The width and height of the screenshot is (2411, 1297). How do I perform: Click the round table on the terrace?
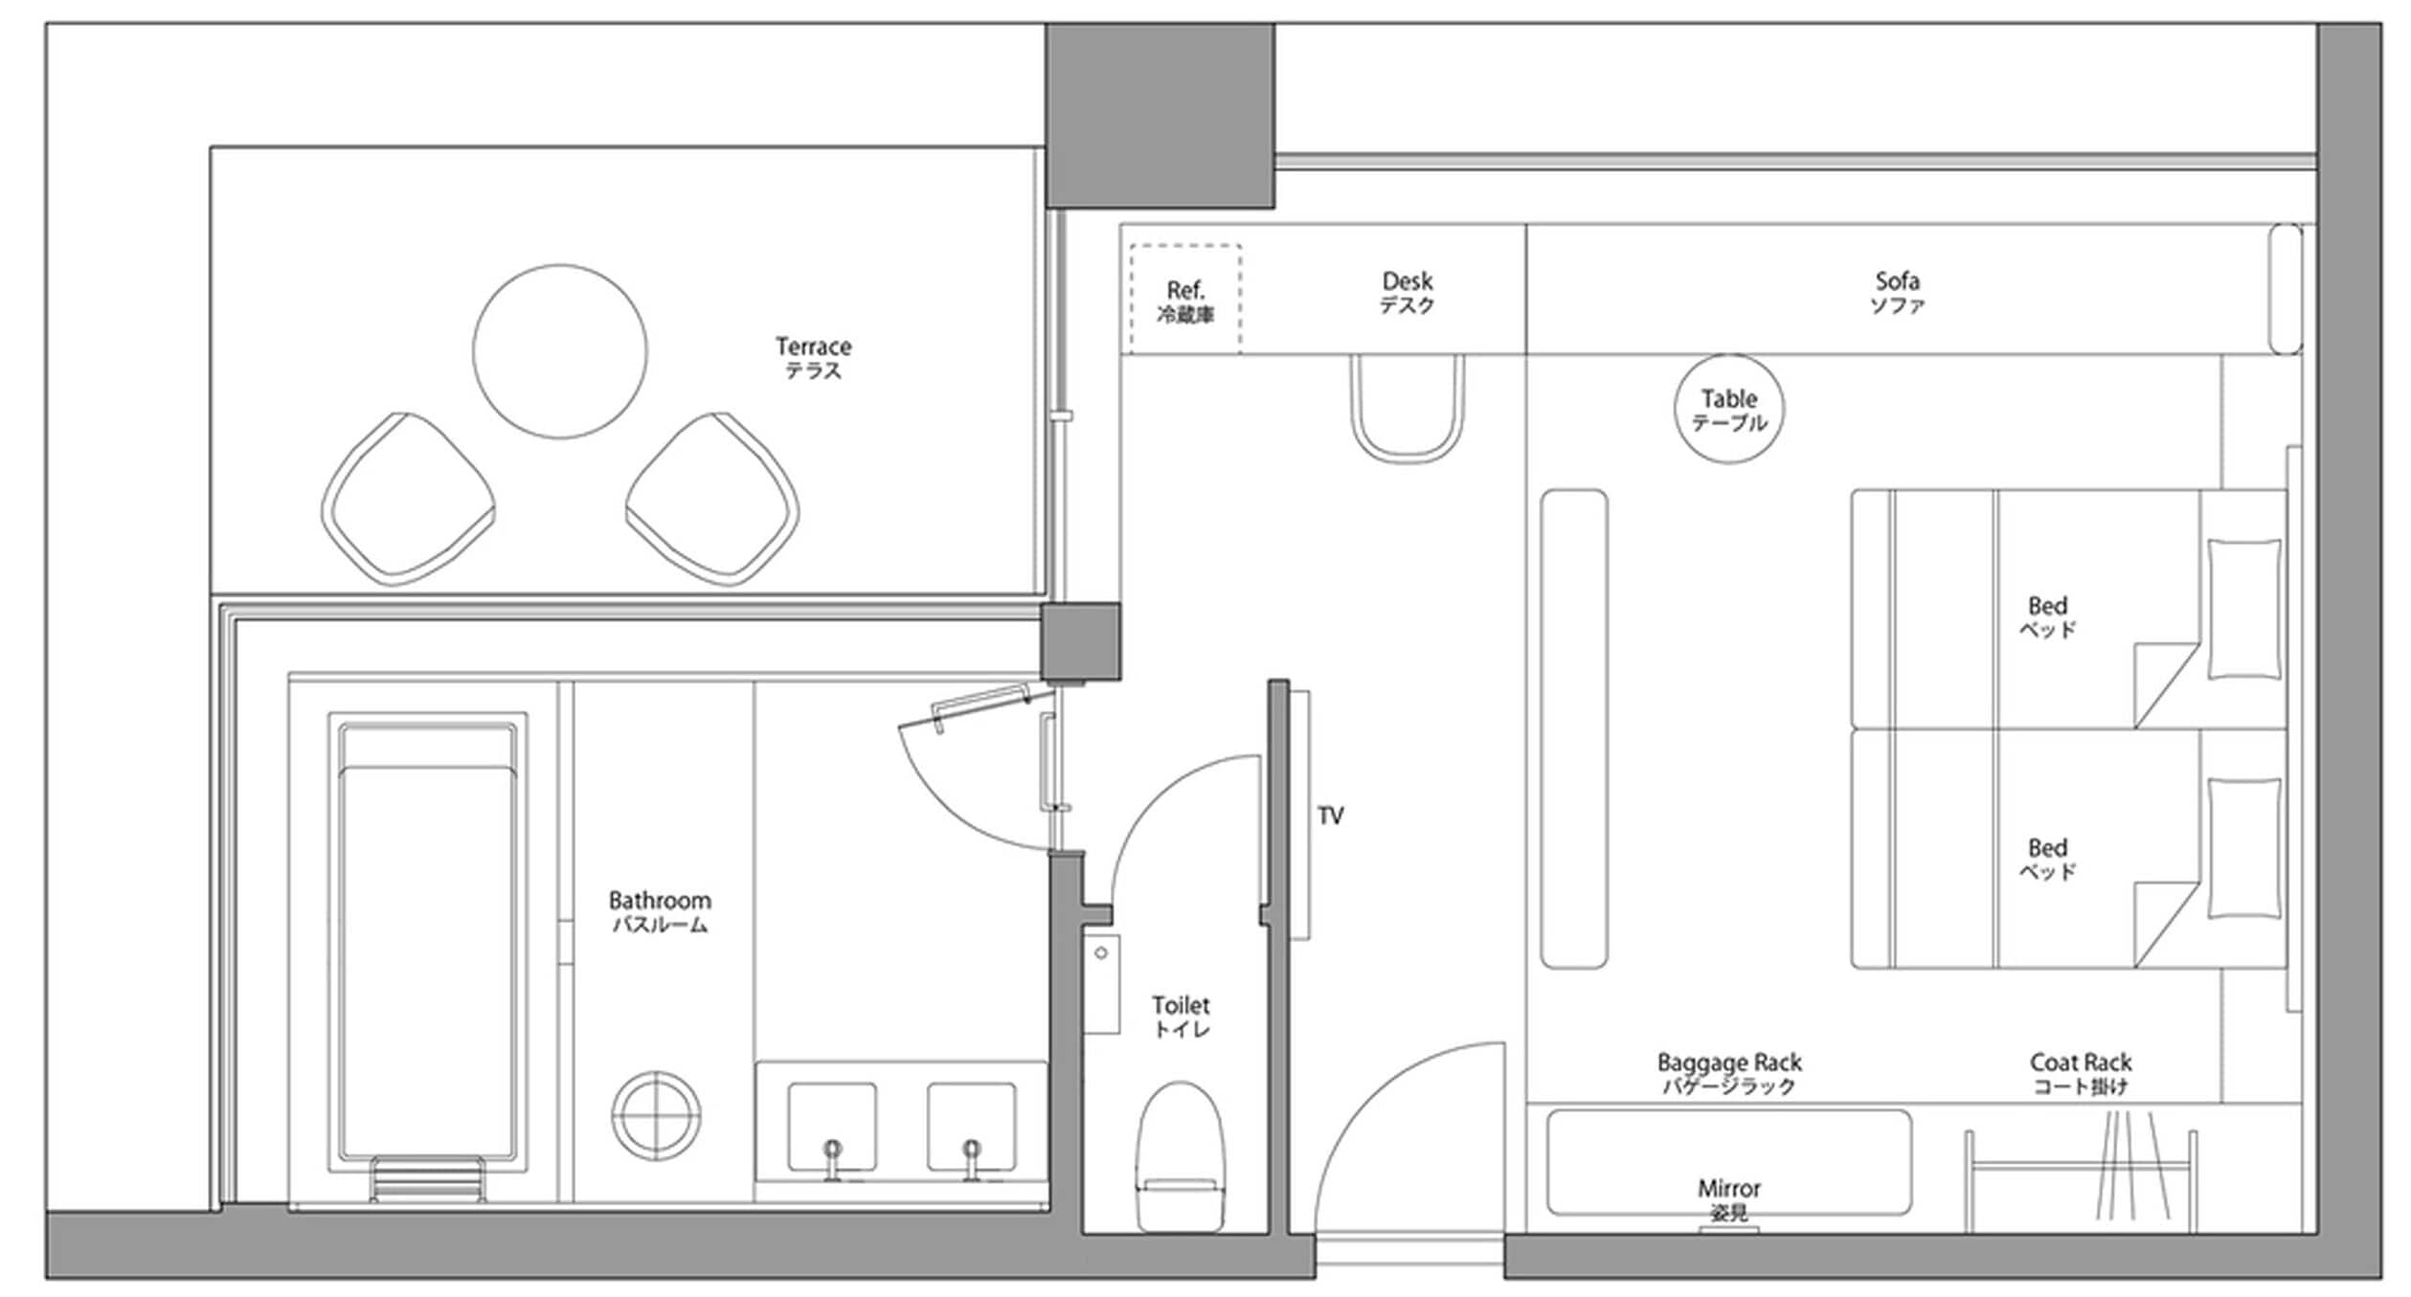560,351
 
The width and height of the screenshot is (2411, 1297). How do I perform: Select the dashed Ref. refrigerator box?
1185,300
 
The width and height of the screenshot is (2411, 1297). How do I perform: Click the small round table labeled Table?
1729,410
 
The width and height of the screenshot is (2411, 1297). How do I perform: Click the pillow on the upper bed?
2243,610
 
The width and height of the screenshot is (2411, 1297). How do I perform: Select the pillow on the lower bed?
2243,849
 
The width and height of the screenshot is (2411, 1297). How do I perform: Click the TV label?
1331,816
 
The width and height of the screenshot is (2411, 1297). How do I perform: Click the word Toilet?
1181,1005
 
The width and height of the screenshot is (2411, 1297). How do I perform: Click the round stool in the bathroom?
656,1115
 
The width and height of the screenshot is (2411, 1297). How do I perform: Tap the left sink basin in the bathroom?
831,1127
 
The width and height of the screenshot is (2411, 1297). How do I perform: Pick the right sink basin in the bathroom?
971,1127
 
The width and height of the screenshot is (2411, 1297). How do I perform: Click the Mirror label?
1729,1189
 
